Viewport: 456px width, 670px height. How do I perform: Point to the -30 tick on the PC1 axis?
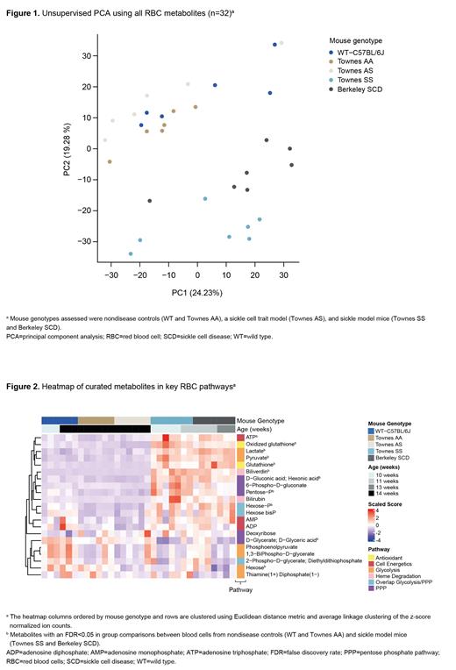pyautogui.click(x=110, y=274)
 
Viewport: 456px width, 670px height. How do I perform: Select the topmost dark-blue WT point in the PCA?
pyautogui.click(x=274, y=45)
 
